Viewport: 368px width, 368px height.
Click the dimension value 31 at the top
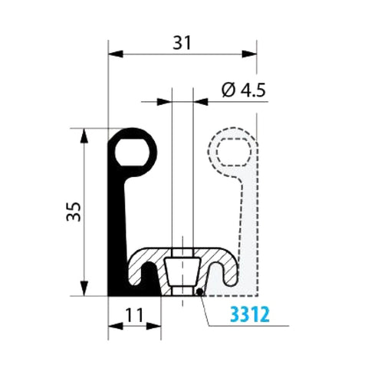point(181,43)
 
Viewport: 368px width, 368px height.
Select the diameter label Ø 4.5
point(243,90)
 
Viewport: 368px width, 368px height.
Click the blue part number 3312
point(247,314)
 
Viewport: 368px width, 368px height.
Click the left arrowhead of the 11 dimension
point(113,325)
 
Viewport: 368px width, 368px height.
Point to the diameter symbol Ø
point(228,90)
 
